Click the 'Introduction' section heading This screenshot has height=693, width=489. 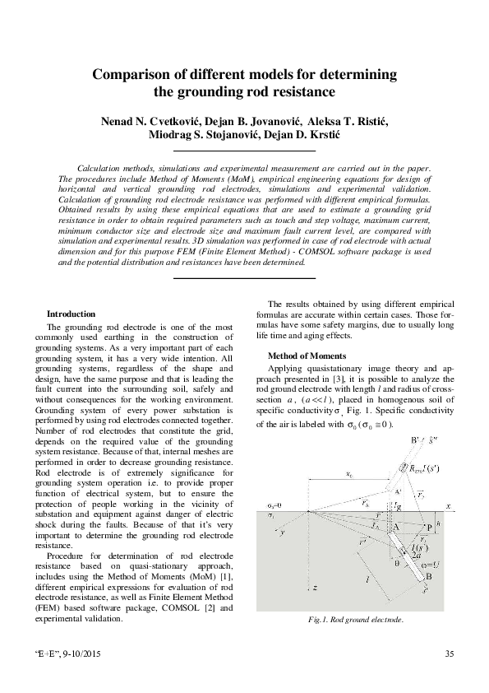[x=71, y=314]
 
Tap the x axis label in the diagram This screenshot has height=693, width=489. [x=449, y=505]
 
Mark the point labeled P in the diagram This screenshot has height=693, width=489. [x=429, y=528]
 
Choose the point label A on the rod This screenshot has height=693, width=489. [x=395, y=528]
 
